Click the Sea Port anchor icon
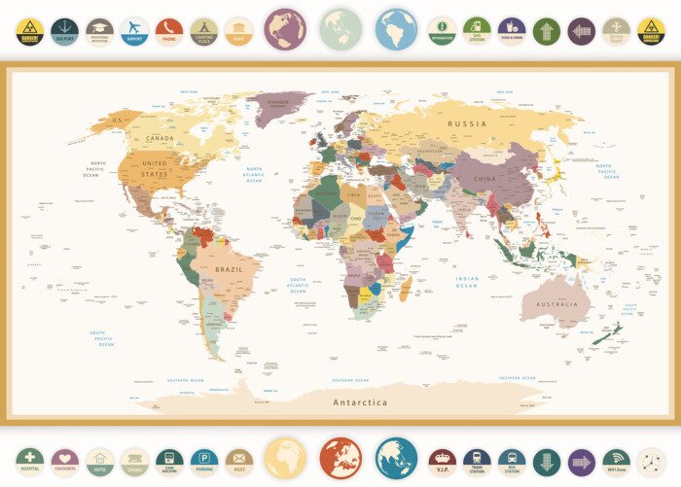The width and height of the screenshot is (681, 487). click(x=65, y=31)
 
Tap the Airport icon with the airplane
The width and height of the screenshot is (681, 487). click(x=134, y=31)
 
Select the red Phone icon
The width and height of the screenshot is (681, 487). click(x=169, y=31)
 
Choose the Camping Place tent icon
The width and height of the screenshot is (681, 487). click(x=203, y=31)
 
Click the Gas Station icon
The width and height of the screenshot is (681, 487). click(x=477, y=31)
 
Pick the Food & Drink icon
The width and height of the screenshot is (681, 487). click(x=512, y=31)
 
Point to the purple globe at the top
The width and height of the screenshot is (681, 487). click(x=284, y=29)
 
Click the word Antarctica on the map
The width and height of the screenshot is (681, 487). click(x=360, y=402)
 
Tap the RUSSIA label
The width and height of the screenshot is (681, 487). click(x=467, y=124)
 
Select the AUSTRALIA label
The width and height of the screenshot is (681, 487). click(x=556, y=303)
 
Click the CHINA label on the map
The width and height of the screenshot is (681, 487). click(x=484, y=180)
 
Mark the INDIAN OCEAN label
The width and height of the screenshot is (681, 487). click(x=468, y=283)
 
